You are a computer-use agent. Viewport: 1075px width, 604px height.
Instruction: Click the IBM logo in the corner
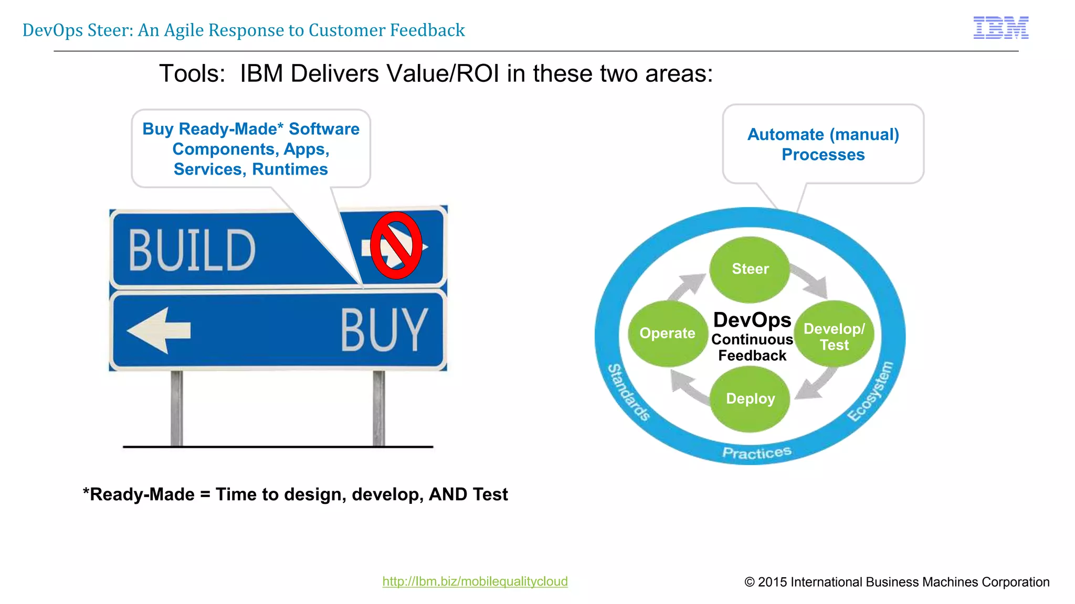tap(1000, 28)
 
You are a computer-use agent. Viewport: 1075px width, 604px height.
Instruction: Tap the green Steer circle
tap(750, 269)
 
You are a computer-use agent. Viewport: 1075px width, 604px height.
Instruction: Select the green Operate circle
tap(667, 333)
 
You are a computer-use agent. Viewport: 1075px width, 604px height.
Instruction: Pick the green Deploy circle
tap(750, 399)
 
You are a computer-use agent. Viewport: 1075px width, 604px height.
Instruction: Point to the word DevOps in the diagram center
tap(752, 320)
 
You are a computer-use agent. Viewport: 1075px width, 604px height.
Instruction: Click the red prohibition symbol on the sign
tap(396, 245)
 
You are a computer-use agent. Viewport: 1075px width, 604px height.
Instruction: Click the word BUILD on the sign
tap(192, 251)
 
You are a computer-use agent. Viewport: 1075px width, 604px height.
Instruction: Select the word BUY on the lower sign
tap(384, 330)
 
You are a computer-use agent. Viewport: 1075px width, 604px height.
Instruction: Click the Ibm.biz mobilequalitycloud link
tap(475, 581)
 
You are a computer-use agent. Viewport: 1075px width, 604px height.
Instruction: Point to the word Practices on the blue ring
tap(756, 452)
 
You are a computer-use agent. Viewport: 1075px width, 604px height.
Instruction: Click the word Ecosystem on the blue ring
tap(870, 391)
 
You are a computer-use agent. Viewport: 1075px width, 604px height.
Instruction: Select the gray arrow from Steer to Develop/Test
tap(810, 279)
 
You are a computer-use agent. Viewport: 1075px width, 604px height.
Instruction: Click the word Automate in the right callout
tap(785, 135)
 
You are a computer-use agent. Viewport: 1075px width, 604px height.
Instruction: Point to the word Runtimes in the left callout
tap(290, 169)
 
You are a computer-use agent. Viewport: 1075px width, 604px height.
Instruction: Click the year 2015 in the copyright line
tap(772, 582)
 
